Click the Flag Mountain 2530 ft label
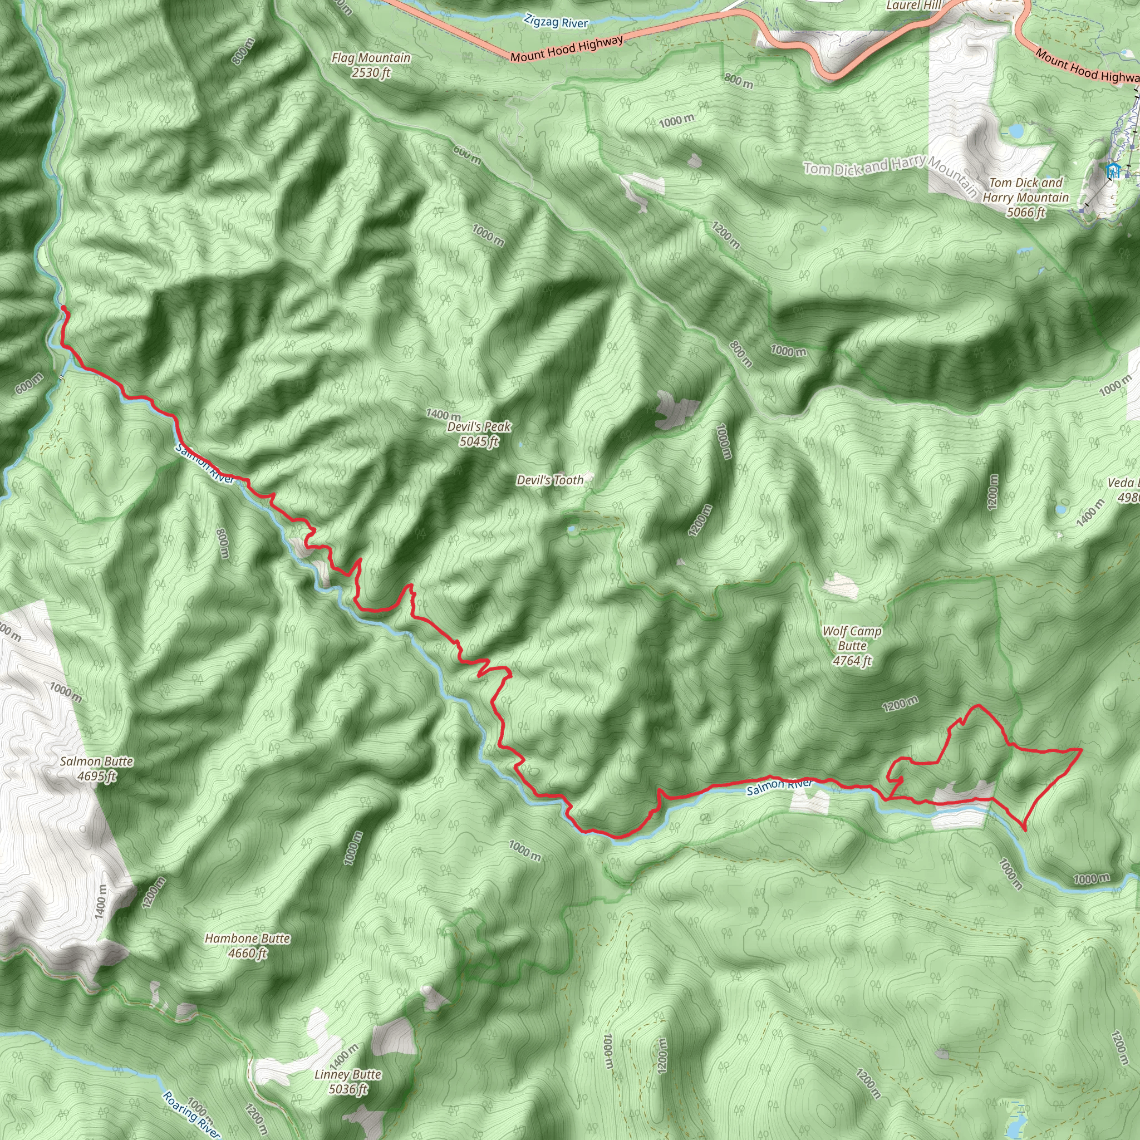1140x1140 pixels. tap(371, 65)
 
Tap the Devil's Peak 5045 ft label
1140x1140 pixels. tap(479, 434)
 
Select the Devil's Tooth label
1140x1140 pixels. tap(550, 480)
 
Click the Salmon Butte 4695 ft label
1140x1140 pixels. tap(97, 768)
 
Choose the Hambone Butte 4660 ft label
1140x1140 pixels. tap(247, 945)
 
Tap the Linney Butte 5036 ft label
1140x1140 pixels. tap(347, 1081)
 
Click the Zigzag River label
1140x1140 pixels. tap(556, 22)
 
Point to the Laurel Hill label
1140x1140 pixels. tap(914, 6)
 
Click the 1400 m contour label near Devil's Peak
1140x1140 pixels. tap(443, 415)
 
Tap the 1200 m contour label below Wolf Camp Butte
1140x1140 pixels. tap(900, 704)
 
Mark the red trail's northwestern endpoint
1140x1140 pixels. tap(63, 307)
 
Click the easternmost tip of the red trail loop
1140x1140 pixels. tap(1081, 749)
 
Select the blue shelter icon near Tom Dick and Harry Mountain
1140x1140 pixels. tap(1113, 171)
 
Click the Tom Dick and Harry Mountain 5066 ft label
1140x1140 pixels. tap(1025, 198)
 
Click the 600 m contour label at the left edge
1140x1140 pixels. tap(29, 384)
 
